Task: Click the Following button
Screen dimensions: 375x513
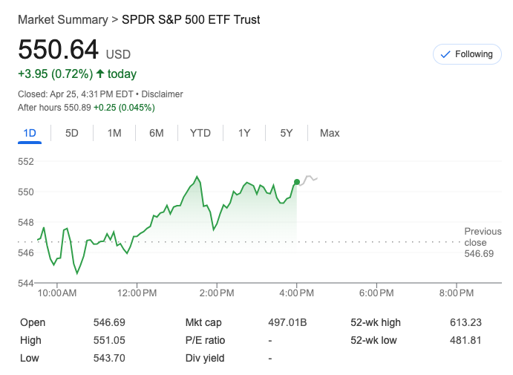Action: tap(467, 54)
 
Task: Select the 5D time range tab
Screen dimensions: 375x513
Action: tap(72, 133)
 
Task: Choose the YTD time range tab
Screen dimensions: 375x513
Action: tap(200, 133)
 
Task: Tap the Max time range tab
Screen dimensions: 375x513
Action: tap(330, 133)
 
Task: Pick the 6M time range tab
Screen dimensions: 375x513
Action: tap(156, 133)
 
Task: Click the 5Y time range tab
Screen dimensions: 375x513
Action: tap(287, 133)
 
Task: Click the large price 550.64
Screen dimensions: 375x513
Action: tap(59, 50)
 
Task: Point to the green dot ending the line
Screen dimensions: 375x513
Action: tap(297, 182)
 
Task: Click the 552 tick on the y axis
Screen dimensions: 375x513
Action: tap(27, 162)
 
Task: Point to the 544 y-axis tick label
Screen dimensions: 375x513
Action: tap(27, 283)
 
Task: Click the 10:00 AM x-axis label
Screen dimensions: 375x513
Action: tap(57, 293)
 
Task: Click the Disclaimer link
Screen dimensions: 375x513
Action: tap(162, 94)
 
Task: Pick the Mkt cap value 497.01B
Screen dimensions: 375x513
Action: tap(287, 322)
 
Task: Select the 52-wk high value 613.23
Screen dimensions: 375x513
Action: tap(465, 322)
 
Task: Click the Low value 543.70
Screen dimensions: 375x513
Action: tap(109, 358)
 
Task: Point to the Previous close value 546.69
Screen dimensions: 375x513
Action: tap(479, 254)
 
